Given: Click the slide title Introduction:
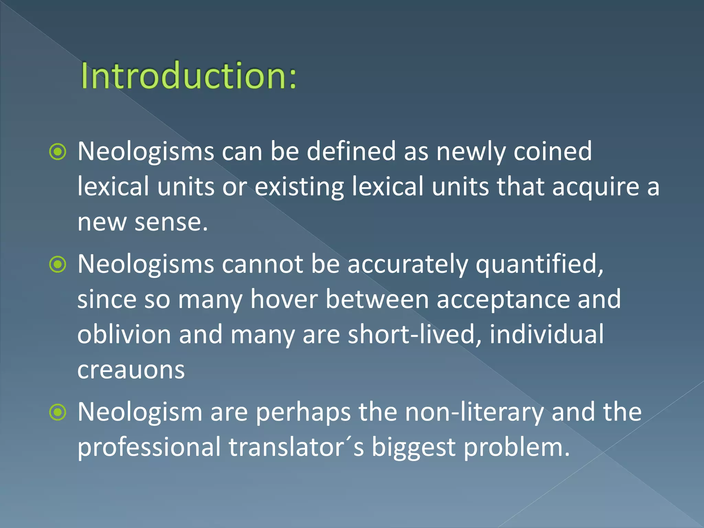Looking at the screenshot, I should tap(188, 76).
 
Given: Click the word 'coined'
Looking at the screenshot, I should tap(552, 151).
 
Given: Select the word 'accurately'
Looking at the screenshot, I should tap(407, 265).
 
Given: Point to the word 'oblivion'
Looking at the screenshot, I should tap(124, 335).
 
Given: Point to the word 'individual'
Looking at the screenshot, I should tap(547, 335).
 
